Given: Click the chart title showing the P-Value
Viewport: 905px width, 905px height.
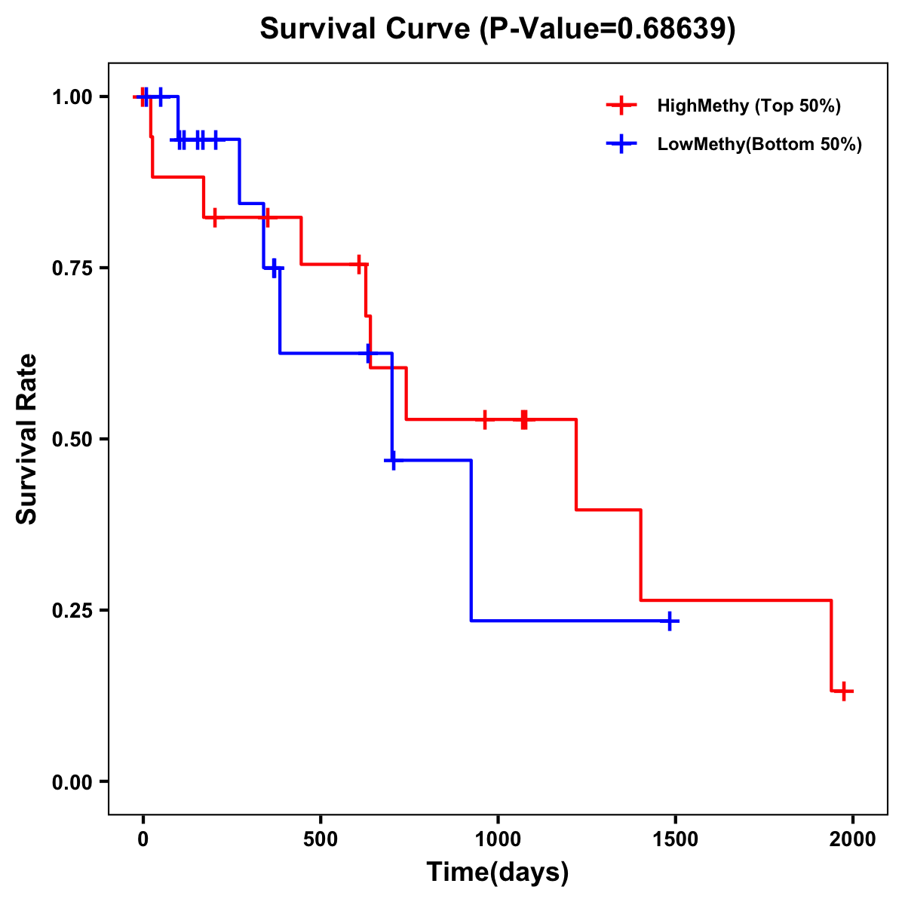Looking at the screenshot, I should coord(497,29).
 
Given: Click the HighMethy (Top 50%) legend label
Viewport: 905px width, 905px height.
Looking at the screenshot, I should coord(749,106).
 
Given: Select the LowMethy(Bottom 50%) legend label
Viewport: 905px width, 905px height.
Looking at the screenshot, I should coord(759,144).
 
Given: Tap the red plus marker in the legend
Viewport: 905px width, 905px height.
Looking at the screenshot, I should coord(621,106).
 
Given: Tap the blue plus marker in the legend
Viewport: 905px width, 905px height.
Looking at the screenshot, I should coord(621,144).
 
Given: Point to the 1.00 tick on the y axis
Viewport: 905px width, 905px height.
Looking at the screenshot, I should coord(71,97).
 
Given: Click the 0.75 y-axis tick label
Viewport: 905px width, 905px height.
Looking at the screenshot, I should coord(71,268).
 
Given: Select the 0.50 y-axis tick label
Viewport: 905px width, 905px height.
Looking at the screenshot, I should coord(71,440).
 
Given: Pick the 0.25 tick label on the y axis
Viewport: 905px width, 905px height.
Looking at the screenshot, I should coord(71,611).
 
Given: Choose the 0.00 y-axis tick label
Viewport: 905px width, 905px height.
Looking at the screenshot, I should coord(71,782).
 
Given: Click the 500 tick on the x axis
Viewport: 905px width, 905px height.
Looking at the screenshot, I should coord(321,839).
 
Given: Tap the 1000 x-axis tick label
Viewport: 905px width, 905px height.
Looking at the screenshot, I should coord(498,839).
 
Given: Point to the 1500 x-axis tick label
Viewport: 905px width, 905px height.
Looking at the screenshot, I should coord(675,839).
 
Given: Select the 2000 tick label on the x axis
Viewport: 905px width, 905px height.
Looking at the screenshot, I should coord(852,839).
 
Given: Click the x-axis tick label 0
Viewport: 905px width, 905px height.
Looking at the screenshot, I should coord(143,839).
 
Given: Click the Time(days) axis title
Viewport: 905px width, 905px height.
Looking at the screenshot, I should coord(497,873).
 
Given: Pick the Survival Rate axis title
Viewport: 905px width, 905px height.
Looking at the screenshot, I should coord(27,439).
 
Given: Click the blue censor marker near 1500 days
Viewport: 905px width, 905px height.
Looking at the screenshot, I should coord(669,621).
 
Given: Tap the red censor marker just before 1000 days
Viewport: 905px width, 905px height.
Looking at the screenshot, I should coord(484,419).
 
